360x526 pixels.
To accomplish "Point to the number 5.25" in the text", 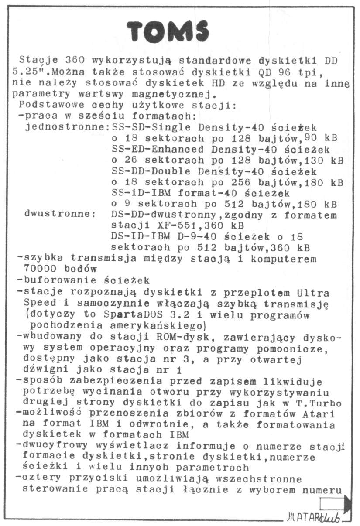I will point(27,71).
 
